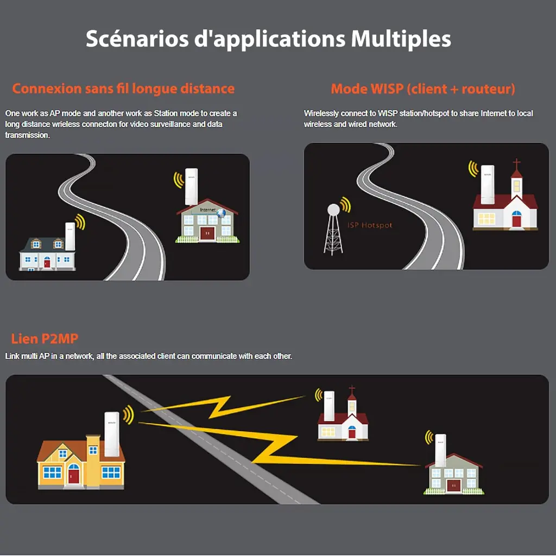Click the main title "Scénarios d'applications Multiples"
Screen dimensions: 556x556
click(x=268, y=39)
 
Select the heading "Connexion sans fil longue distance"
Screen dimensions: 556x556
click(x=123, y=89)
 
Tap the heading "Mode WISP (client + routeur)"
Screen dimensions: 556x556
click(x=423, y=89)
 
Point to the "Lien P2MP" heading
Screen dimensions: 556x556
click(x=45, y=339)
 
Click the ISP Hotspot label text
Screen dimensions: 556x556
click(x=369, y=225)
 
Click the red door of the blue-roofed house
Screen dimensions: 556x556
click(x=47, y=263)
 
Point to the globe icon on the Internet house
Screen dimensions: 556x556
click(x=221, y=213)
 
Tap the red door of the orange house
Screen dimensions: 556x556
click(x=74, y=476)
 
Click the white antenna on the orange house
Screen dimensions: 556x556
click(x=112, y=434)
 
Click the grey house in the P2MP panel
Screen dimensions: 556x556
click(x=453, y=475)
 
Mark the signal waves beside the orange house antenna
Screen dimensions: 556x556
click(x=128, y=415)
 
